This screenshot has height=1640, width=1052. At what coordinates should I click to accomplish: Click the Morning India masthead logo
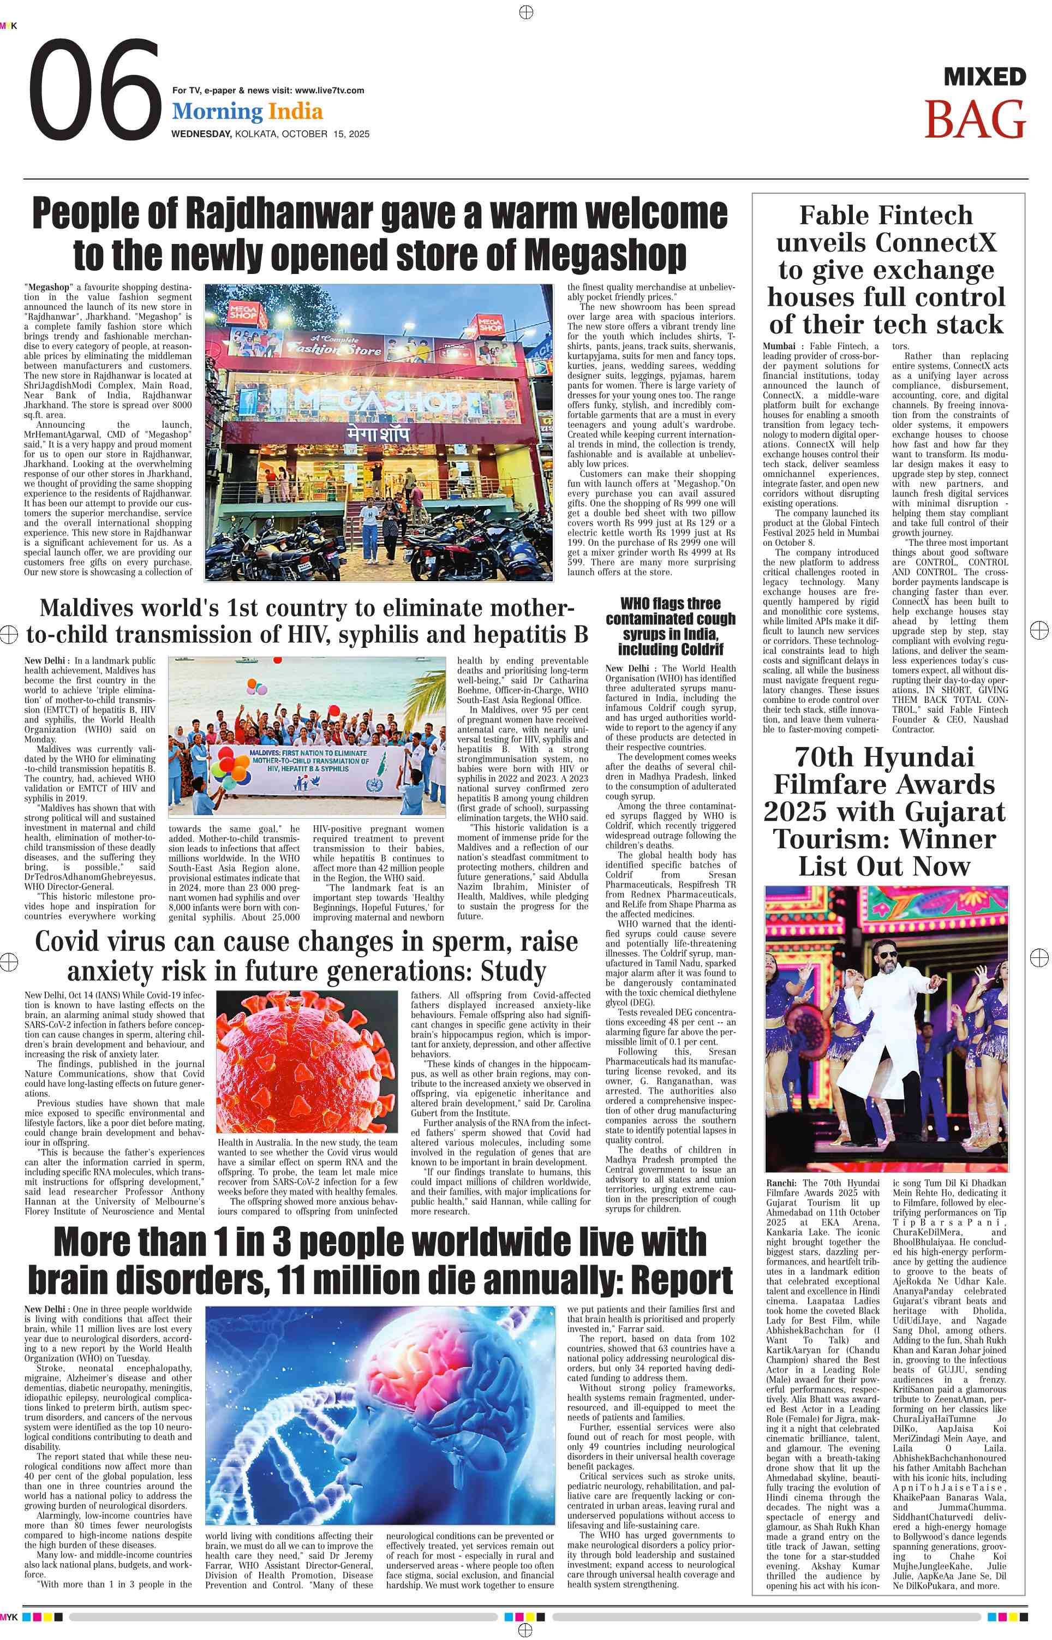tap(247, 111)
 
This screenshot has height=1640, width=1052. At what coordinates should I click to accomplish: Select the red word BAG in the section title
tap(975, 120)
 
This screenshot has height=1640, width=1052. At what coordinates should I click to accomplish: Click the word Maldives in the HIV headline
tap(95, 608)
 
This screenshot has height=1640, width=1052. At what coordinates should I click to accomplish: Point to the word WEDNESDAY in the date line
tap(201, 134)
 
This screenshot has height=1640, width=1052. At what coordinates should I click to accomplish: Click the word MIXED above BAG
tap(984, 76)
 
